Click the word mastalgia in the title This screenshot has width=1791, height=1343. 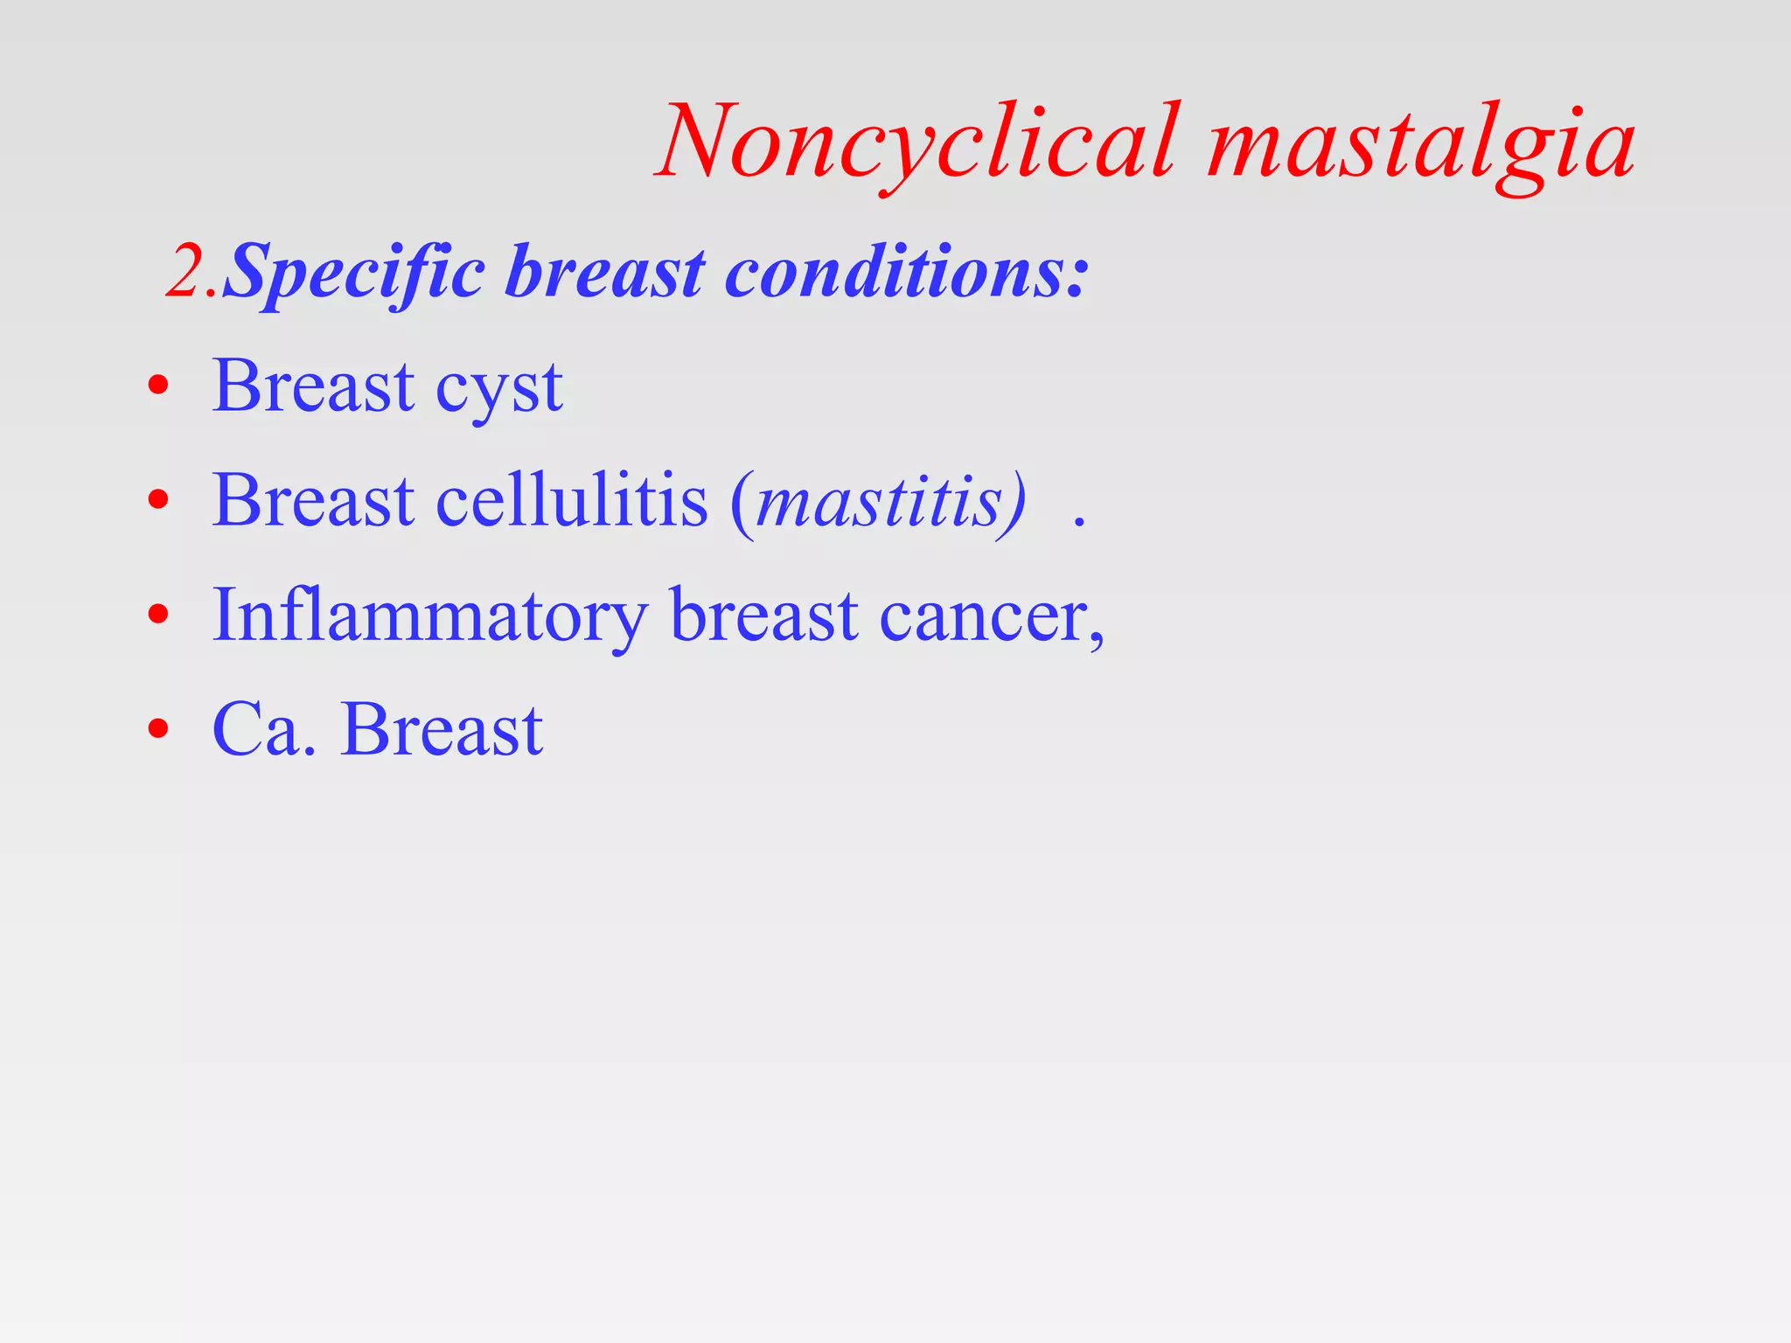pos(1420,143)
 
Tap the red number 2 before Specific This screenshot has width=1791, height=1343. pos(186,273)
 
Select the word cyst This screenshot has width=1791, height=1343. pos(498,387)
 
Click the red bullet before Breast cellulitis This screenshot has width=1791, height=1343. pos(158,500)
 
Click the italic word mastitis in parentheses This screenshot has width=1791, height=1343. pos(879,503)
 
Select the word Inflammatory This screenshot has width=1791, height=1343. pos(429,616)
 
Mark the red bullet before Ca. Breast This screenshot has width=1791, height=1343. pos(158,728)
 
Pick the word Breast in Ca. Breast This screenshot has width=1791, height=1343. pos(443,728)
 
